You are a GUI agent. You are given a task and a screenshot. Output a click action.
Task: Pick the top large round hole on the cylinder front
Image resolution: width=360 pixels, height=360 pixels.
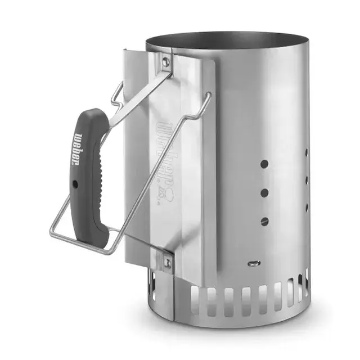264,165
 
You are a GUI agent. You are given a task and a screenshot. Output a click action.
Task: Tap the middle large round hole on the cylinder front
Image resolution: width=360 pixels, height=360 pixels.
264,192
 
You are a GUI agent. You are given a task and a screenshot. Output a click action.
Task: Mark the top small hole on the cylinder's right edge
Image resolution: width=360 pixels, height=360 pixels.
307,152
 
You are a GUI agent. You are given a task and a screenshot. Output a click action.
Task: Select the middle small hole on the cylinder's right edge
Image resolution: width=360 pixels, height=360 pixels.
307,180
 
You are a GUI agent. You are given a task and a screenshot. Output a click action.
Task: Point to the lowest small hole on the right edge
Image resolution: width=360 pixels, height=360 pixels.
307,208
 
